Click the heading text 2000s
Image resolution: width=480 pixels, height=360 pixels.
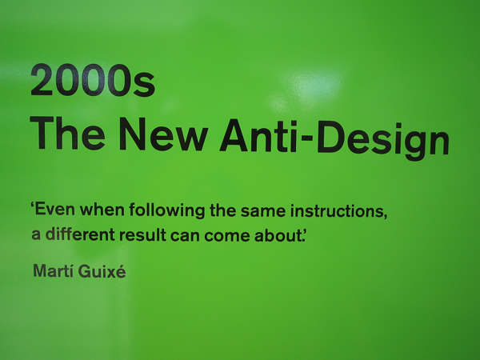[x=93, y=81]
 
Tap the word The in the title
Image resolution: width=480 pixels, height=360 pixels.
[x=67, y=134]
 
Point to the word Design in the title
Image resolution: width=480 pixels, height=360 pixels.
[x=383, y=140]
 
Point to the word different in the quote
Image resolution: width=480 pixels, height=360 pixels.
[x=80, y=234]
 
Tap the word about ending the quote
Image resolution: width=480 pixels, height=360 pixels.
[x=278, y=235]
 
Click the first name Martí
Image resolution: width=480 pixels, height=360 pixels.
[x=54, y=270]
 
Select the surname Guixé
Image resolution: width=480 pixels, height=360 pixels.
[x=102, y=271]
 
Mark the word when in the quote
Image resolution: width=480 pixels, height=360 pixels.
[x=102, y=210]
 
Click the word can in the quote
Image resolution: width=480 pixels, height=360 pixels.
[x=186, y=236]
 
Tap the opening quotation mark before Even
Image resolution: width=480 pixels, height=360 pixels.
[x=33, y=205]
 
